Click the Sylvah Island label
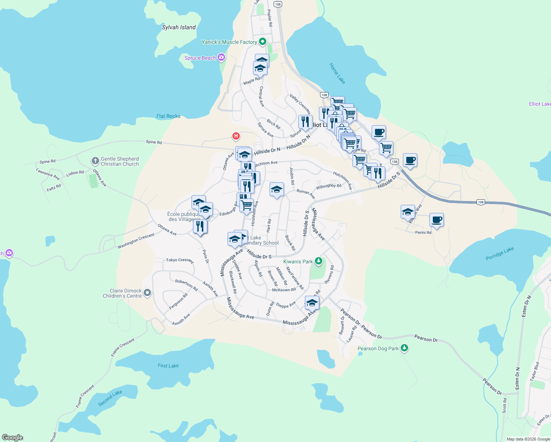[179, 27]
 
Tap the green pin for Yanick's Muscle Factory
[263, 42]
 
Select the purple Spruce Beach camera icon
[221, 57]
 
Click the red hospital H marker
[236, 136]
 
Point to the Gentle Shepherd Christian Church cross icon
[95, 161]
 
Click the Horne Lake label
[337, 73]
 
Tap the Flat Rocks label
[168, 116]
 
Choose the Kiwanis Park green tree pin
[319, 261]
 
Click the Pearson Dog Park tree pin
[404, 348]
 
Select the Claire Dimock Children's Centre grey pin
[147, 293]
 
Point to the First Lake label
[168, 366]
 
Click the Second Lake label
[110, 398]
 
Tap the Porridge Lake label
[499, 254]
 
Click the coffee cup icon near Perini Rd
[436, 220]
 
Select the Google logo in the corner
[13, 437]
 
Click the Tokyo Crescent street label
[179, 260]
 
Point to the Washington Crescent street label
[136, 241]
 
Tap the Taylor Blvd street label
[534, 371]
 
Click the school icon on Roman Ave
[277, 190]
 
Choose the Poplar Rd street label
[270, 18]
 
